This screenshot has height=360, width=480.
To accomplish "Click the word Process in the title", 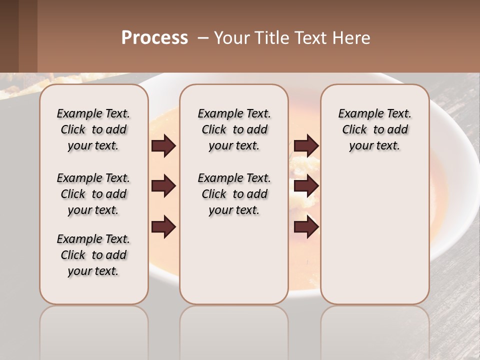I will (x=154, y=37).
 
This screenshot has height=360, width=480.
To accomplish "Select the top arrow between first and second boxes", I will (x=163, y=146).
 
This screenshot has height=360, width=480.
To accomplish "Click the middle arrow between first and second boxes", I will (x=163, y=186).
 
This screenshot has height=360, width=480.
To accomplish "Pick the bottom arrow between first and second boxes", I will (x=163, y=227).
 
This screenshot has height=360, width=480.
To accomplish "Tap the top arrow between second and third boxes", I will (x=306, y=146).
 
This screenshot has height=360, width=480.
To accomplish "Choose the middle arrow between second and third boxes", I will (x=306, y=186).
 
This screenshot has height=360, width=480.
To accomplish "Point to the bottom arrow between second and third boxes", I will (x=306, y=227).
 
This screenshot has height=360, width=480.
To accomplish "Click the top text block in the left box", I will (x=93, y=129).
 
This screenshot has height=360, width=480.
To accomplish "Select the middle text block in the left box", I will (x=93, y=194).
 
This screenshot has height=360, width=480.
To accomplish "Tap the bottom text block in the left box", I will (x=93, y=255).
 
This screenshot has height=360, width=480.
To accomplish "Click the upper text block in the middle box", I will (x=234, y=129).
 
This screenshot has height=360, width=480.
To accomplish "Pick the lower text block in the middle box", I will (x=234, y=194).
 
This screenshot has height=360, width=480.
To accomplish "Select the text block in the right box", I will (x=374, y=129).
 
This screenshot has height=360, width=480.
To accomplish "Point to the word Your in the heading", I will (x=231, y=37).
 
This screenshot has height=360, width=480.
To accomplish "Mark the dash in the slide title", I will (x=203, y=37).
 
